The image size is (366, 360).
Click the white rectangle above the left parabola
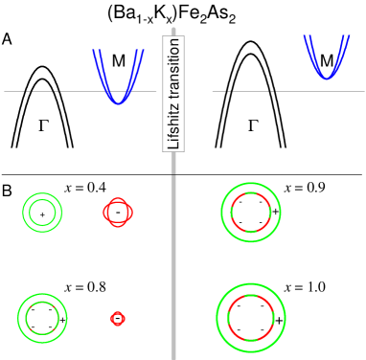(116, 36)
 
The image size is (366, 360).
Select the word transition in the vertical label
(173, 71)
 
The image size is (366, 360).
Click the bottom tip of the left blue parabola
(117, 101)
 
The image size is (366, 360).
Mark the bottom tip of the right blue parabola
(327, 77)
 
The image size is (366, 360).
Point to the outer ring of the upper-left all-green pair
(23, 213)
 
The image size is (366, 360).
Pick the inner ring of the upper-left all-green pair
(31, 213)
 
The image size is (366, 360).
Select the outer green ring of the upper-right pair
(221, 213)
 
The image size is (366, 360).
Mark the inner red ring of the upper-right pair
(231, 213)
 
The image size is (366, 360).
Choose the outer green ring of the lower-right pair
(217, 318)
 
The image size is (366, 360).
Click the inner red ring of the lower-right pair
(227, 318)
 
